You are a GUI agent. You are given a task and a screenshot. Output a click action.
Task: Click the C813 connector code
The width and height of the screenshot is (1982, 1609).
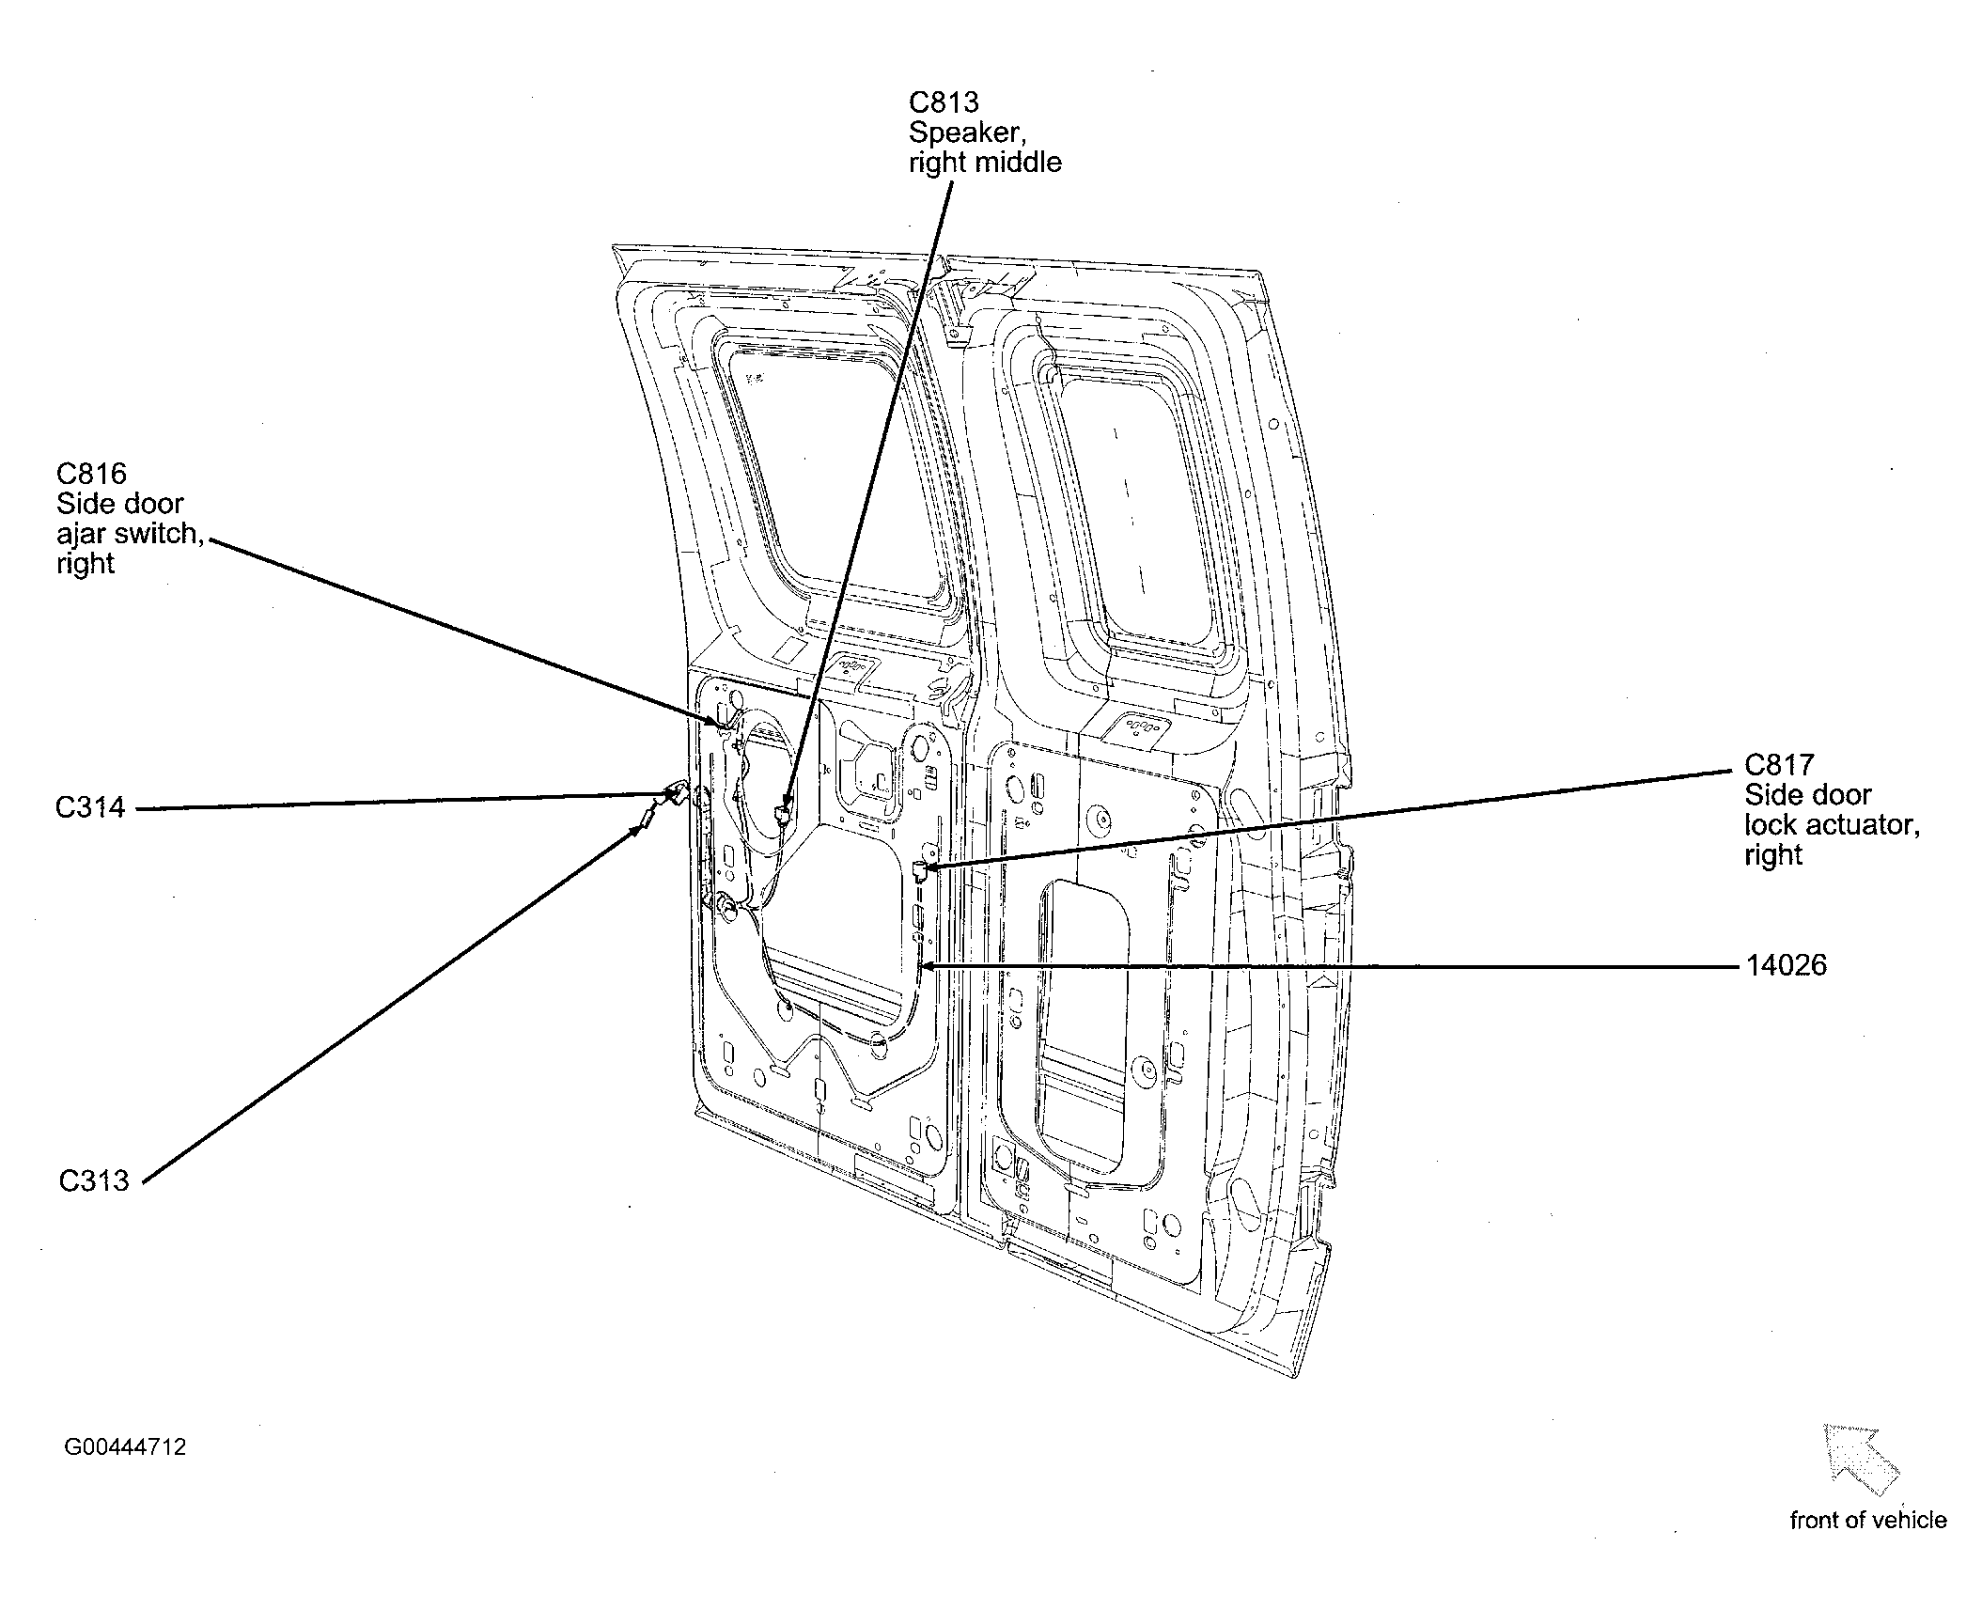[943, 102]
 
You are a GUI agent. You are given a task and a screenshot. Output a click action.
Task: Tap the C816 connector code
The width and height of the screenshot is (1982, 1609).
[91, 474]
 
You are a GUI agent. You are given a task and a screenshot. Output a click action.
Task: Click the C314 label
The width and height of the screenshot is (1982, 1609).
[90, 807]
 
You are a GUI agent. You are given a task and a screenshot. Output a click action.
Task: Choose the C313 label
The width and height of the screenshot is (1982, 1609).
[93, 1180]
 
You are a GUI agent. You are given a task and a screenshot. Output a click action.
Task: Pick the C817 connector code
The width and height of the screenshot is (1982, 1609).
[1779, 765]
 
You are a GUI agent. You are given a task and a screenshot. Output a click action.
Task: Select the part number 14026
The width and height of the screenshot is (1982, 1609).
[1786, 965]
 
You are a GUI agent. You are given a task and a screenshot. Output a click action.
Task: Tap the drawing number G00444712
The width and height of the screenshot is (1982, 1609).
[125, 1446]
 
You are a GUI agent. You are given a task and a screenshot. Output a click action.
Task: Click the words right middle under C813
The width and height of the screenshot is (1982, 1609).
[985, 163]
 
